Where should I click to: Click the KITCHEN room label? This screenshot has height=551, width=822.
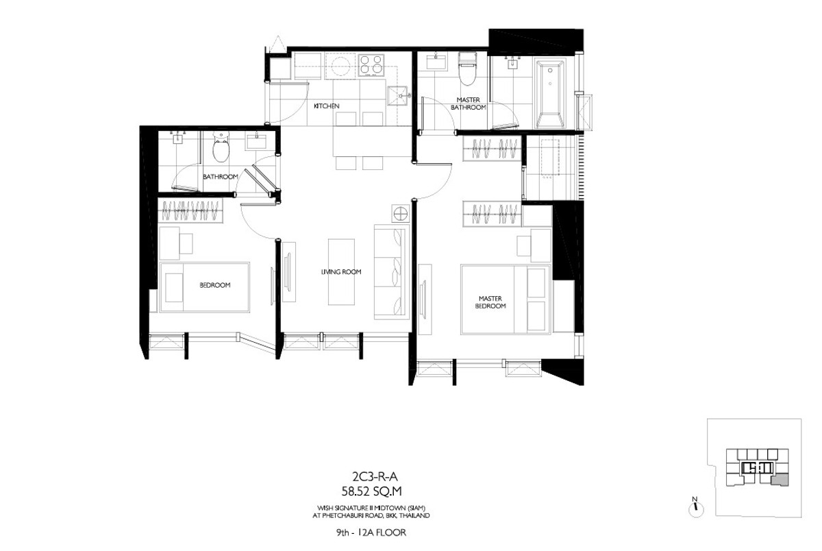pyautogui.click(x=326, y=106)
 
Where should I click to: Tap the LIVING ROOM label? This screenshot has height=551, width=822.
pyautogui.click(x=341, y=272)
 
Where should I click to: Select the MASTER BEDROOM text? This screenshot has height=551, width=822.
pyautogui.click(x=490, y=302)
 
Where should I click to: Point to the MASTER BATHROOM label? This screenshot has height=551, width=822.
pyautogui.click(x=469, y=103)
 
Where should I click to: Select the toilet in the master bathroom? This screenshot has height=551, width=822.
pyautogui.click(x=467, y=69)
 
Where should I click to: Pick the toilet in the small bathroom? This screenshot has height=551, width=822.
pyautogui.click(x=221, y=147)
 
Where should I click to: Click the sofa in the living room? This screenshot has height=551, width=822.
pyautogui.click(x=392, y=272)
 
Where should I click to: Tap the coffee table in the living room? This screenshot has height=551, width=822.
pyautogui.click(x=341, y=272)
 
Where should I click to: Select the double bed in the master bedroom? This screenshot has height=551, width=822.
pyautogui.click(x=506, y=299)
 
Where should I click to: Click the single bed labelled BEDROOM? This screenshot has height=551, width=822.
pyautogui.click(x=204, y=287)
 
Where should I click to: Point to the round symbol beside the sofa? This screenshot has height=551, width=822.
pyautogui.click(x=400, y=213)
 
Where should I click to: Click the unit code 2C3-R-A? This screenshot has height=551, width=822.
pyautogui.click(x=375, y=477)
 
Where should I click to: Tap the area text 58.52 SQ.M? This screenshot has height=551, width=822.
pyautogui.click(x=371, y=491)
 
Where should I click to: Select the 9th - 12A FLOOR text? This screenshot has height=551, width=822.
pyautogui.click(x=371, y=532)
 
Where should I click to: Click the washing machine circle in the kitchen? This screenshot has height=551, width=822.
pyautogui.click(x=340, y=66)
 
